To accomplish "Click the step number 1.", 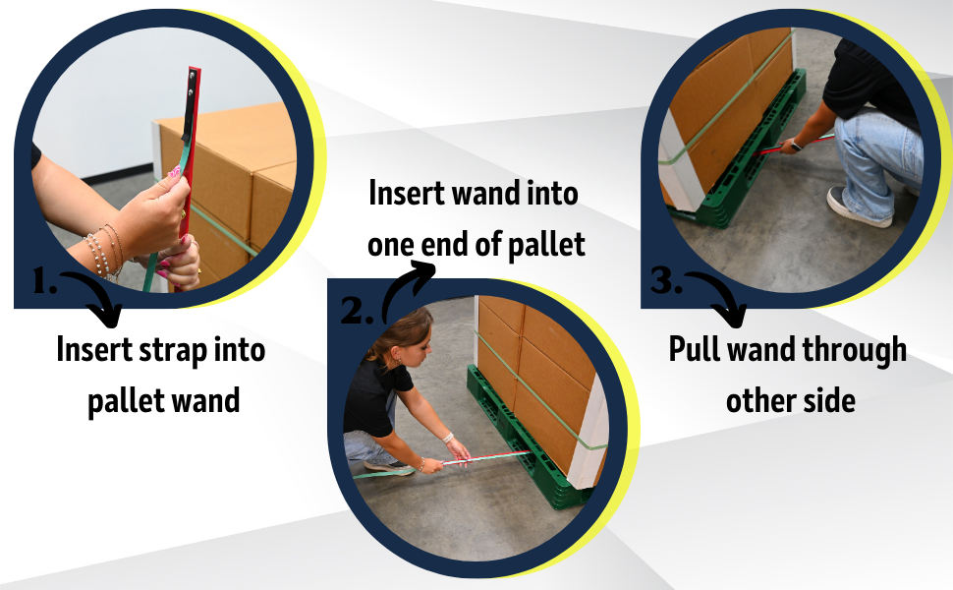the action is click(x=44, y=281).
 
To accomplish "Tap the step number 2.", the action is click(x=357, y=311).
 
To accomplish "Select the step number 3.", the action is click(x=665, y=280).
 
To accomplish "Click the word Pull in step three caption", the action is click(x=694, y=349).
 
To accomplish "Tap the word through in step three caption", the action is click(x=854, y=351).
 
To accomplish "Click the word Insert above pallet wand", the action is click(x=94, y=349).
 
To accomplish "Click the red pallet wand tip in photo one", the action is click(x=195, y=72).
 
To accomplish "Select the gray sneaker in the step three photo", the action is click(x=858, y=207).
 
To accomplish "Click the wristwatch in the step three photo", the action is click(x=796, y=146).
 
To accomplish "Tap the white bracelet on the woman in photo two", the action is click(x=447, y=437).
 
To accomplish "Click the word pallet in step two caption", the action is click(x=546, y=245).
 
